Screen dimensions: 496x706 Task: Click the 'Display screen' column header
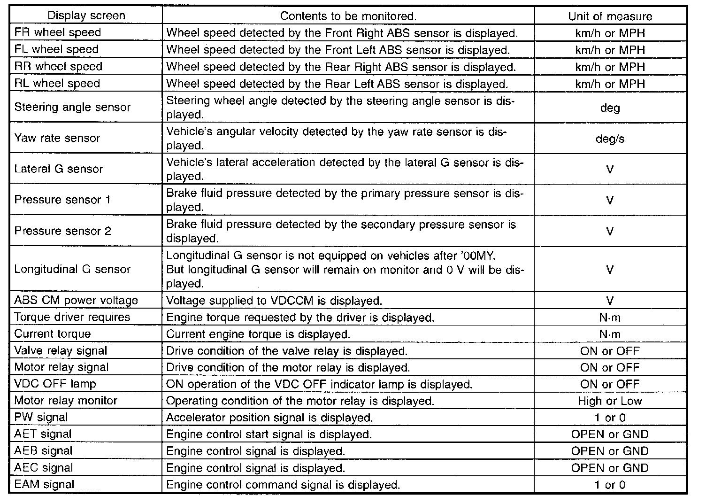(x=86, y=15)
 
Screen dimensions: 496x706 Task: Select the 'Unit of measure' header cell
(x=610, y=16)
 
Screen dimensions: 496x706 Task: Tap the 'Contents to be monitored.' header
(x=348, y=16)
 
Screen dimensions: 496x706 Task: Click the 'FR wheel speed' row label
(x=58, y=32)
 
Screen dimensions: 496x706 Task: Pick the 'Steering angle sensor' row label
(x=72, y=107)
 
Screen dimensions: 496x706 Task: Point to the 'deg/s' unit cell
(x=610, y=139)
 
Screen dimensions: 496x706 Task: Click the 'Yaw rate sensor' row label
(x=57, y=138)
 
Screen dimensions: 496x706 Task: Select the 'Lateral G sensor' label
(x=59, y=169)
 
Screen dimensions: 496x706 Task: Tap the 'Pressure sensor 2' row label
(x=63, y=231)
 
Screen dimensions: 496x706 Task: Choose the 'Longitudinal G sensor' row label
(x=72, y=269)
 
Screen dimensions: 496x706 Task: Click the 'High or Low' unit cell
(x=610, y=401)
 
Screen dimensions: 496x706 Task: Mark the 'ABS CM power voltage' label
(x=76, y=300)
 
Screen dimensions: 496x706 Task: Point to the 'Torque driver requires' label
(x=72, y=317)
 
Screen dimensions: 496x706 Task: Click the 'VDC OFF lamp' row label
(x=55, y=384)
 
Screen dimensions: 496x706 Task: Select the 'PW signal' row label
(x=41, y=417)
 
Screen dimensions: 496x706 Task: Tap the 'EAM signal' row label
(x=45, y=484)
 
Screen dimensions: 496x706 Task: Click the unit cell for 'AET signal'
(x=610, y=434)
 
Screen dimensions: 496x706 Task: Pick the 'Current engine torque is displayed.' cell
(x=258, y=334)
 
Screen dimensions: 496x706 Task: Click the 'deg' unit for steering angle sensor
(x=610, y=108)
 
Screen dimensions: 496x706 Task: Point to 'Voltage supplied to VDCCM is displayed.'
(x=274, y=301)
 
